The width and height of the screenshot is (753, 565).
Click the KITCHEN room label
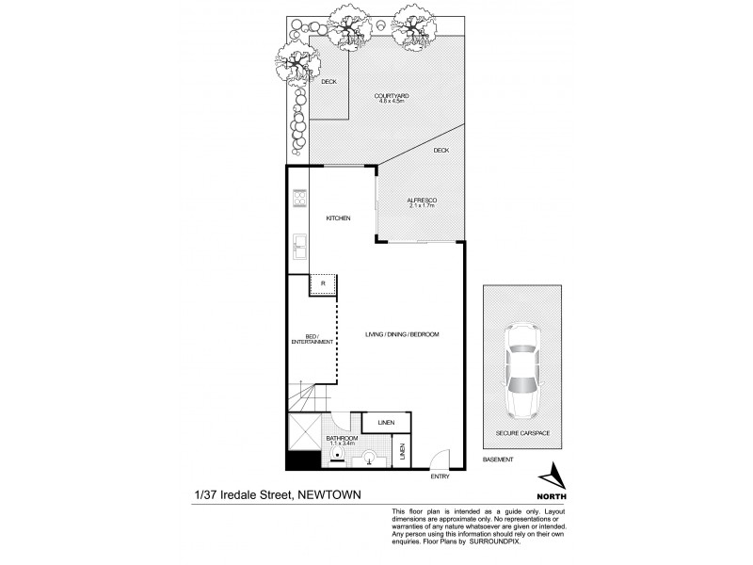pos(338,218)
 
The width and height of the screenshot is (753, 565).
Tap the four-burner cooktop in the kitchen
pos(301,199)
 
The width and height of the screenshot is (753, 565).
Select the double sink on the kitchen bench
pos(300,247)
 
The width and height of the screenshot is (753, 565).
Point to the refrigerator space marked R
pos(324,283)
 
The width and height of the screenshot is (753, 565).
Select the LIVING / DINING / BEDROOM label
pos(402,334)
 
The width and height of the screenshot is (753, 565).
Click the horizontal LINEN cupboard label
pos(385,423)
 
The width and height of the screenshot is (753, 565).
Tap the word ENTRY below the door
pos(440,477)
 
